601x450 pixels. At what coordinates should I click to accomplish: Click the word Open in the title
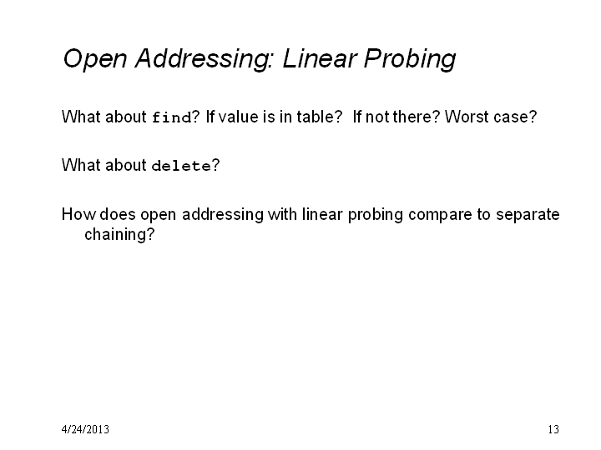click(94, 59)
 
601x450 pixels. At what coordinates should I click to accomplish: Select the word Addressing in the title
click(204, 59)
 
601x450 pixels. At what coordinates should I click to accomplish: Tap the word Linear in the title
click(320, 58)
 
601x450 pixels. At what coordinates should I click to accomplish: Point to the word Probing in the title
click(410, 59)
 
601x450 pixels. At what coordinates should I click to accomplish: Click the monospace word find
click(172, 117)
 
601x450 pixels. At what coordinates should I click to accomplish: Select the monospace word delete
click(181, 166)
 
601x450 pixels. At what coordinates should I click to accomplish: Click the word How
click(78, 214)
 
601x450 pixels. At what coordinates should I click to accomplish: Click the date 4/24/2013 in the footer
click(85, 429)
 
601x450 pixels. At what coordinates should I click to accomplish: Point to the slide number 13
click(553, 429)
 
